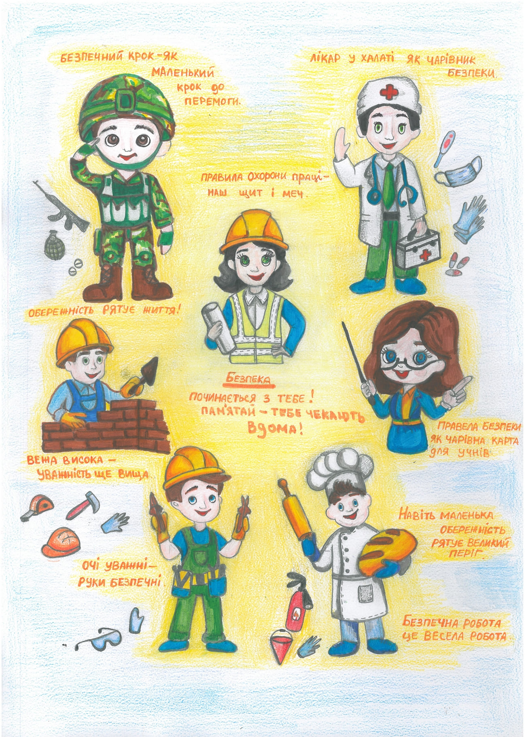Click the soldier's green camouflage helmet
127,106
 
